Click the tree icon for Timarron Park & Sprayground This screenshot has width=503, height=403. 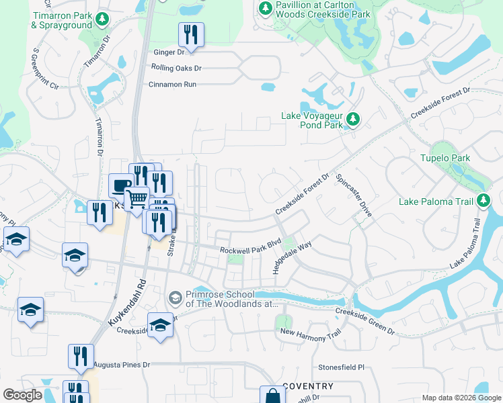pyautogui.click(x=102, y=19)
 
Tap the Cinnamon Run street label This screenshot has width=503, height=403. pyautogui.click(x=172, y=85)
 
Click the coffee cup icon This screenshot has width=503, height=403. pyautogui.click(x=121, y=185)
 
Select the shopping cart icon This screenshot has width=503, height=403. pyautogui.click(x=137, y=197)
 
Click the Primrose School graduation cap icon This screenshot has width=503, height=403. pyautogui.click(x=175, y=297)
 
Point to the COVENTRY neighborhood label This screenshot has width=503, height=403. pyautogui.click(x=308, y=386)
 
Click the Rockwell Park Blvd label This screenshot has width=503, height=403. pyautogui.click(x=250, y=249)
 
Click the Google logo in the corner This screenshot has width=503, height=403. pyautogui.click(x=22, y=395)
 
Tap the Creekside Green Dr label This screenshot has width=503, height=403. pyautogui.click(x=364, y=321)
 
